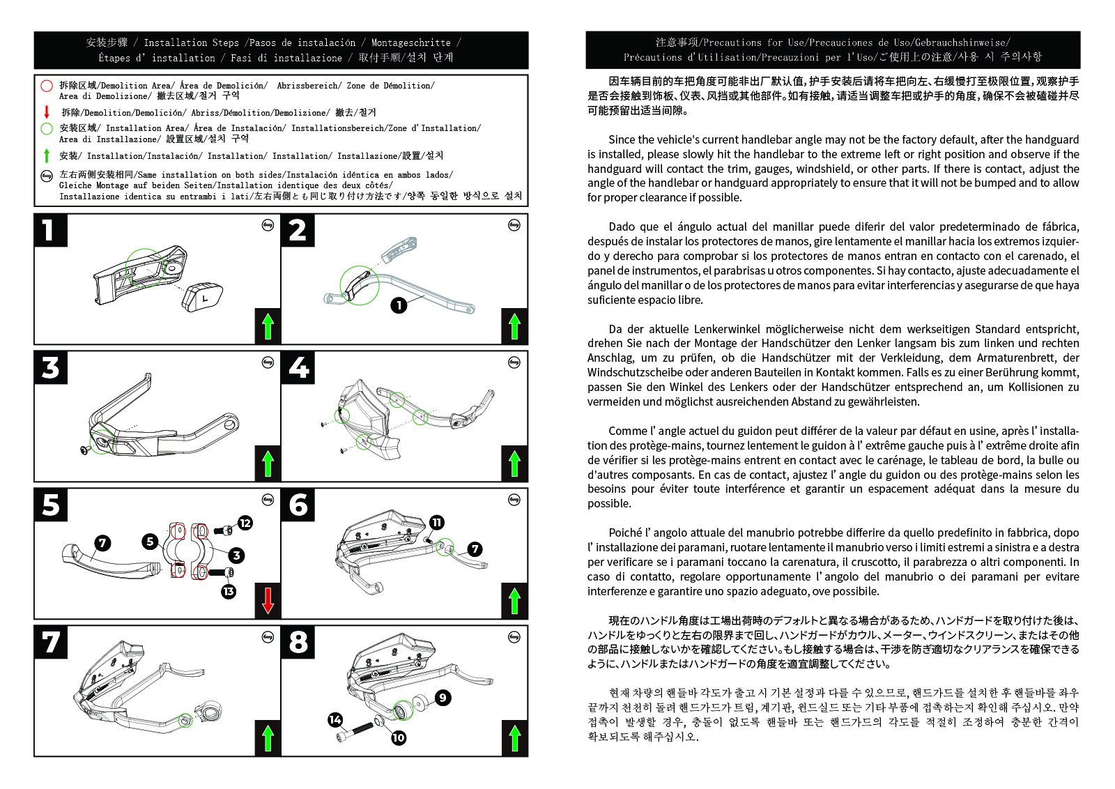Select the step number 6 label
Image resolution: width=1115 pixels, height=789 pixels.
tap(298, 505)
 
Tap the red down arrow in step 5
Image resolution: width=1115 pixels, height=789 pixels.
tap(268, 600)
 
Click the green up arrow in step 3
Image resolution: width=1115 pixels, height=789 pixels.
tap(268, 463)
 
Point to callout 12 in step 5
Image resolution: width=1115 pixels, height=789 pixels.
tap(245, 523)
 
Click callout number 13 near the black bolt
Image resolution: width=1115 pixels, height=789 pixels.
tap(229, 592)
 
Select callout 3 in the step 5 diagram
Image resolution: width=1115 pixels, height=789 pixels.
tap(237, 556)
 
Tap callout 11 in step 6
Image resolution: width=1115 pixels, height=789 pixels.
tap(437, 523)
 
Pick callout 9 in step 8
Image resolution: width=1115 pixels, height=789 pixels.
tap(443, 698)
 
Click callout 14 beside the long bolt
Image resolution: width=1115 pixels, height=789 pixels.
tap(335, 719)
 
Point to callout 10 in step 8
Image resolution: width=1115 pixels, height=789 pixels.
tap(399, 737)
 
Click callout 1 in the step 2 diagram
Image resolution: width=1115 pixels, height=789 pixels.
tap(399, 305)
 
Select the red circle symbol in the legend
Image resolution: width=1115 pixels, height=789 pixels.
tap(47, 86)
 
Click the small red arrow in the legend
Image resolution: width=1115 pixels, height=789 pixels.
tap(47, 112)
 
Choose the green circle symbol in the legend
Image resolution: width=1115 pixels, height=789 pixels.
tap(47, 128)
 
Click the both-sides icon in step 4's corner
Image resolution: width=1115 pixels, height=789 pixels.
tap(514, 362)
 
